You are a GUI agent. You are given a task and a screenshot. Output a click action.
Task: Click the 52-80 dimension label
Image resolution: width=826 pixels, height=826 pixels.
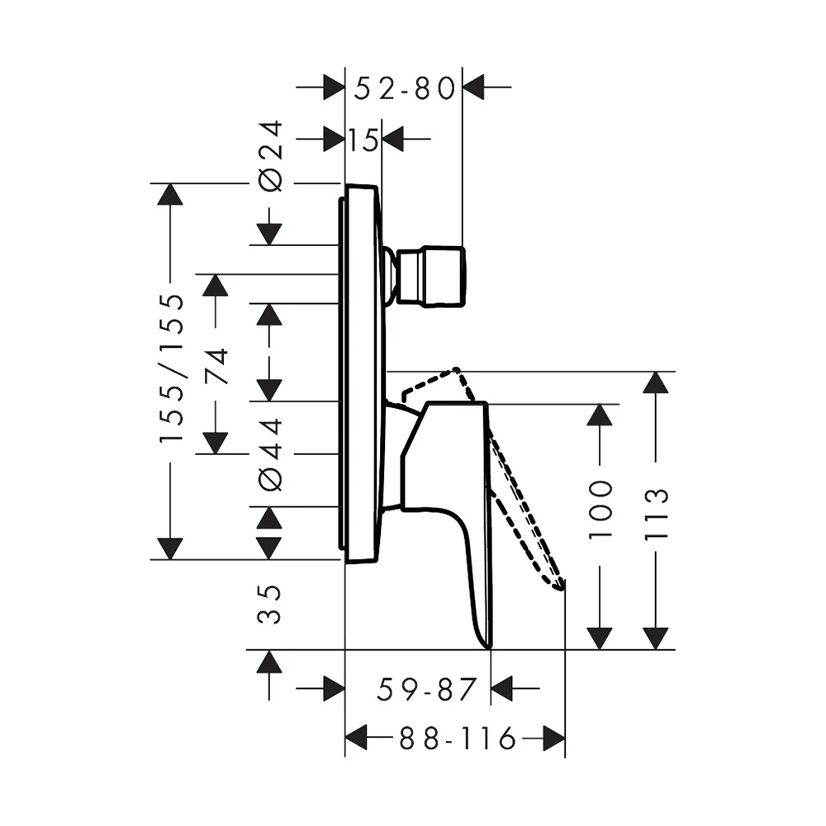tap(404, 88)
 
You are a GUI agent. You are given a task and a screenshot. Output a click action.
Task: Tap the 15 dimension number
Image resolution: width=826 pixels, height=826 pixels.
tap(363, 140)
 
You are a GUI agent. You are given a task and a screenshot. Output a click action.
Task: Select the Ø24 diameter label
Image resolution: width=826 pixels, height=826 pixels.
tap(270, 156)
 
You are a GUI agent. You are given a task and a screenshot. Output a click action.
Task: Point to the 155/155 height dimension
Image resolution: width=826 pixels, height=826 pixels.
tap(172, 368)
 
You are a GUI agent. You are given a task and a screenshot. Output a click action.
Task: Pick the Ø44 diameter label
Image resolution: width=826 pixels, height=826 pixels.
tap(270, 454)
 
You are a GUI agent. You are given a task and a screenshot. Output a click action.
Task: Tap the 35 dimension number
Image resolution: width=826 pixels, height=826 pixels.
tap(270, 605)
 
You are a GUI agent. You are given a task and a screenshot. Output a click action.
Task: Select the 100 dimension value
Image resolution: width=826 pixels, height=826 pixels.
tap(600, 509)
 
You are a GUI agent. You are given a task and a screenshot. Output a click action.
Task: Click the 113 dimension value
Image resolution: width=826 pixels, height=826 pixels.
tap(657, 514)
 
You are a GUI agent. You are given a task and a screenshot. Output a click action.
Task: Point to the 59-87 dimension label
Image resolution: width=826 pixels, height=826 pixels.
tap(426, 689)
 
